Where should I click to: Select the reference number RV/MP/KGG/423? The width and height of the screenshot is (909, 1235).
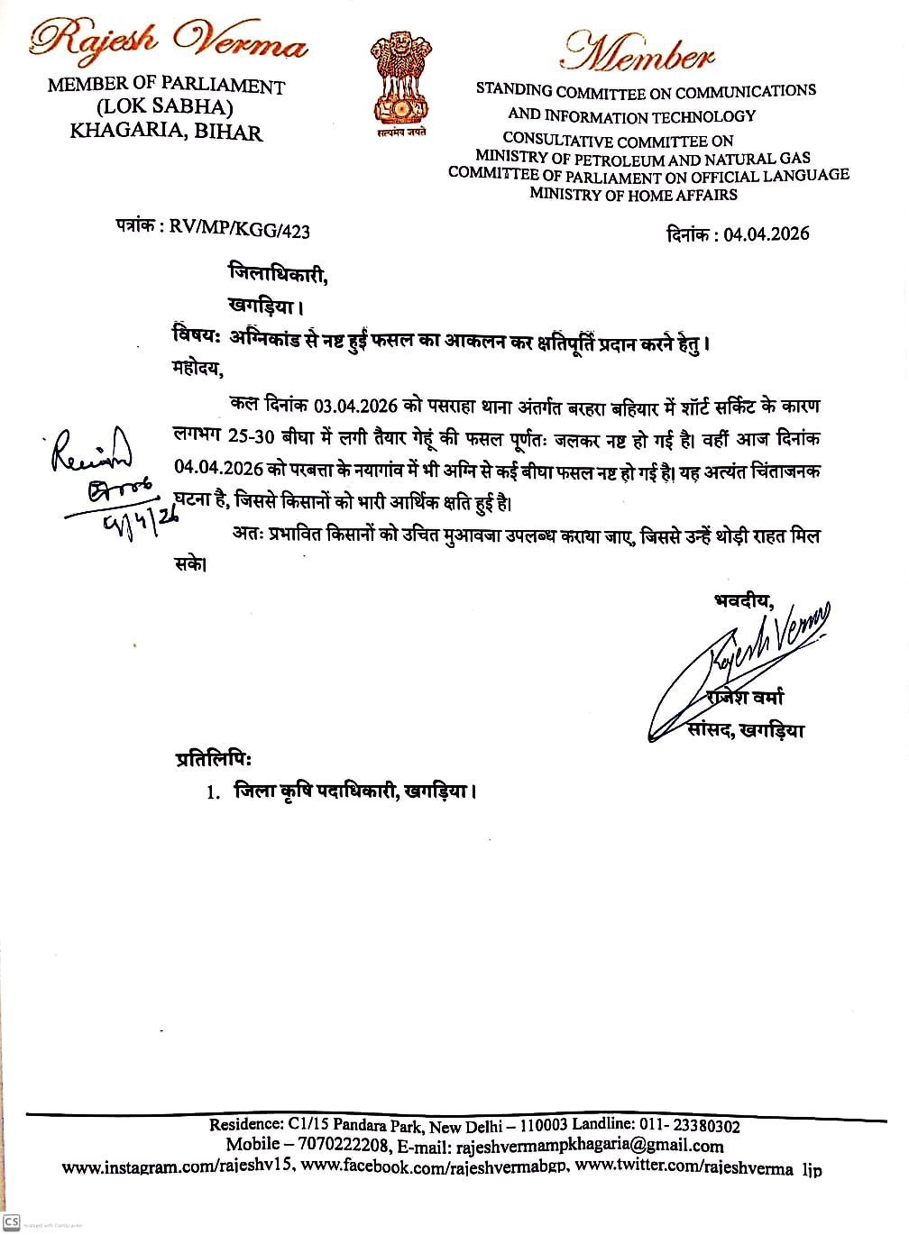(x=239, y=231)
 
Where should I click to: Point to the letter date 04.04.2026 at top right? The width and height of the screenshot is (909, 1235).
(x=766, y=234)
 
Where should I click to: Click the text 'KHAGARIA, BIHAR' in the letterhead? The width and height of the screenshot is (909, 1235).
(x=166, y=133)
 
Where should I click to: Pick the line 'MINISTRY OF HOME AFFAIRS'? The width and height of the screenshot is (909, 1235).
(x=633, y=194)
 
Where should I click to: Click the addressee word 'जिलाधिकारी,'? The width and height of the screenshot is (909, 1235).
(x=278, y=273)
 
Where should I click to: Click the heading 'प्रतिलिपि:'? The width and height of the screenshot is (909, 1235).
(x=214, y=759)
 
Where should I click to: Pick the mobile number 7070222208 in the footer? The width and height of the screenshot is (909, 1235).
(x=345, y=1146)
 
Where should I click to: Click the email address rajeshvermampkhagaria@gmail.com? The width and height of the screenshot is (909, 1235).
(x=590, y=1146)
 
